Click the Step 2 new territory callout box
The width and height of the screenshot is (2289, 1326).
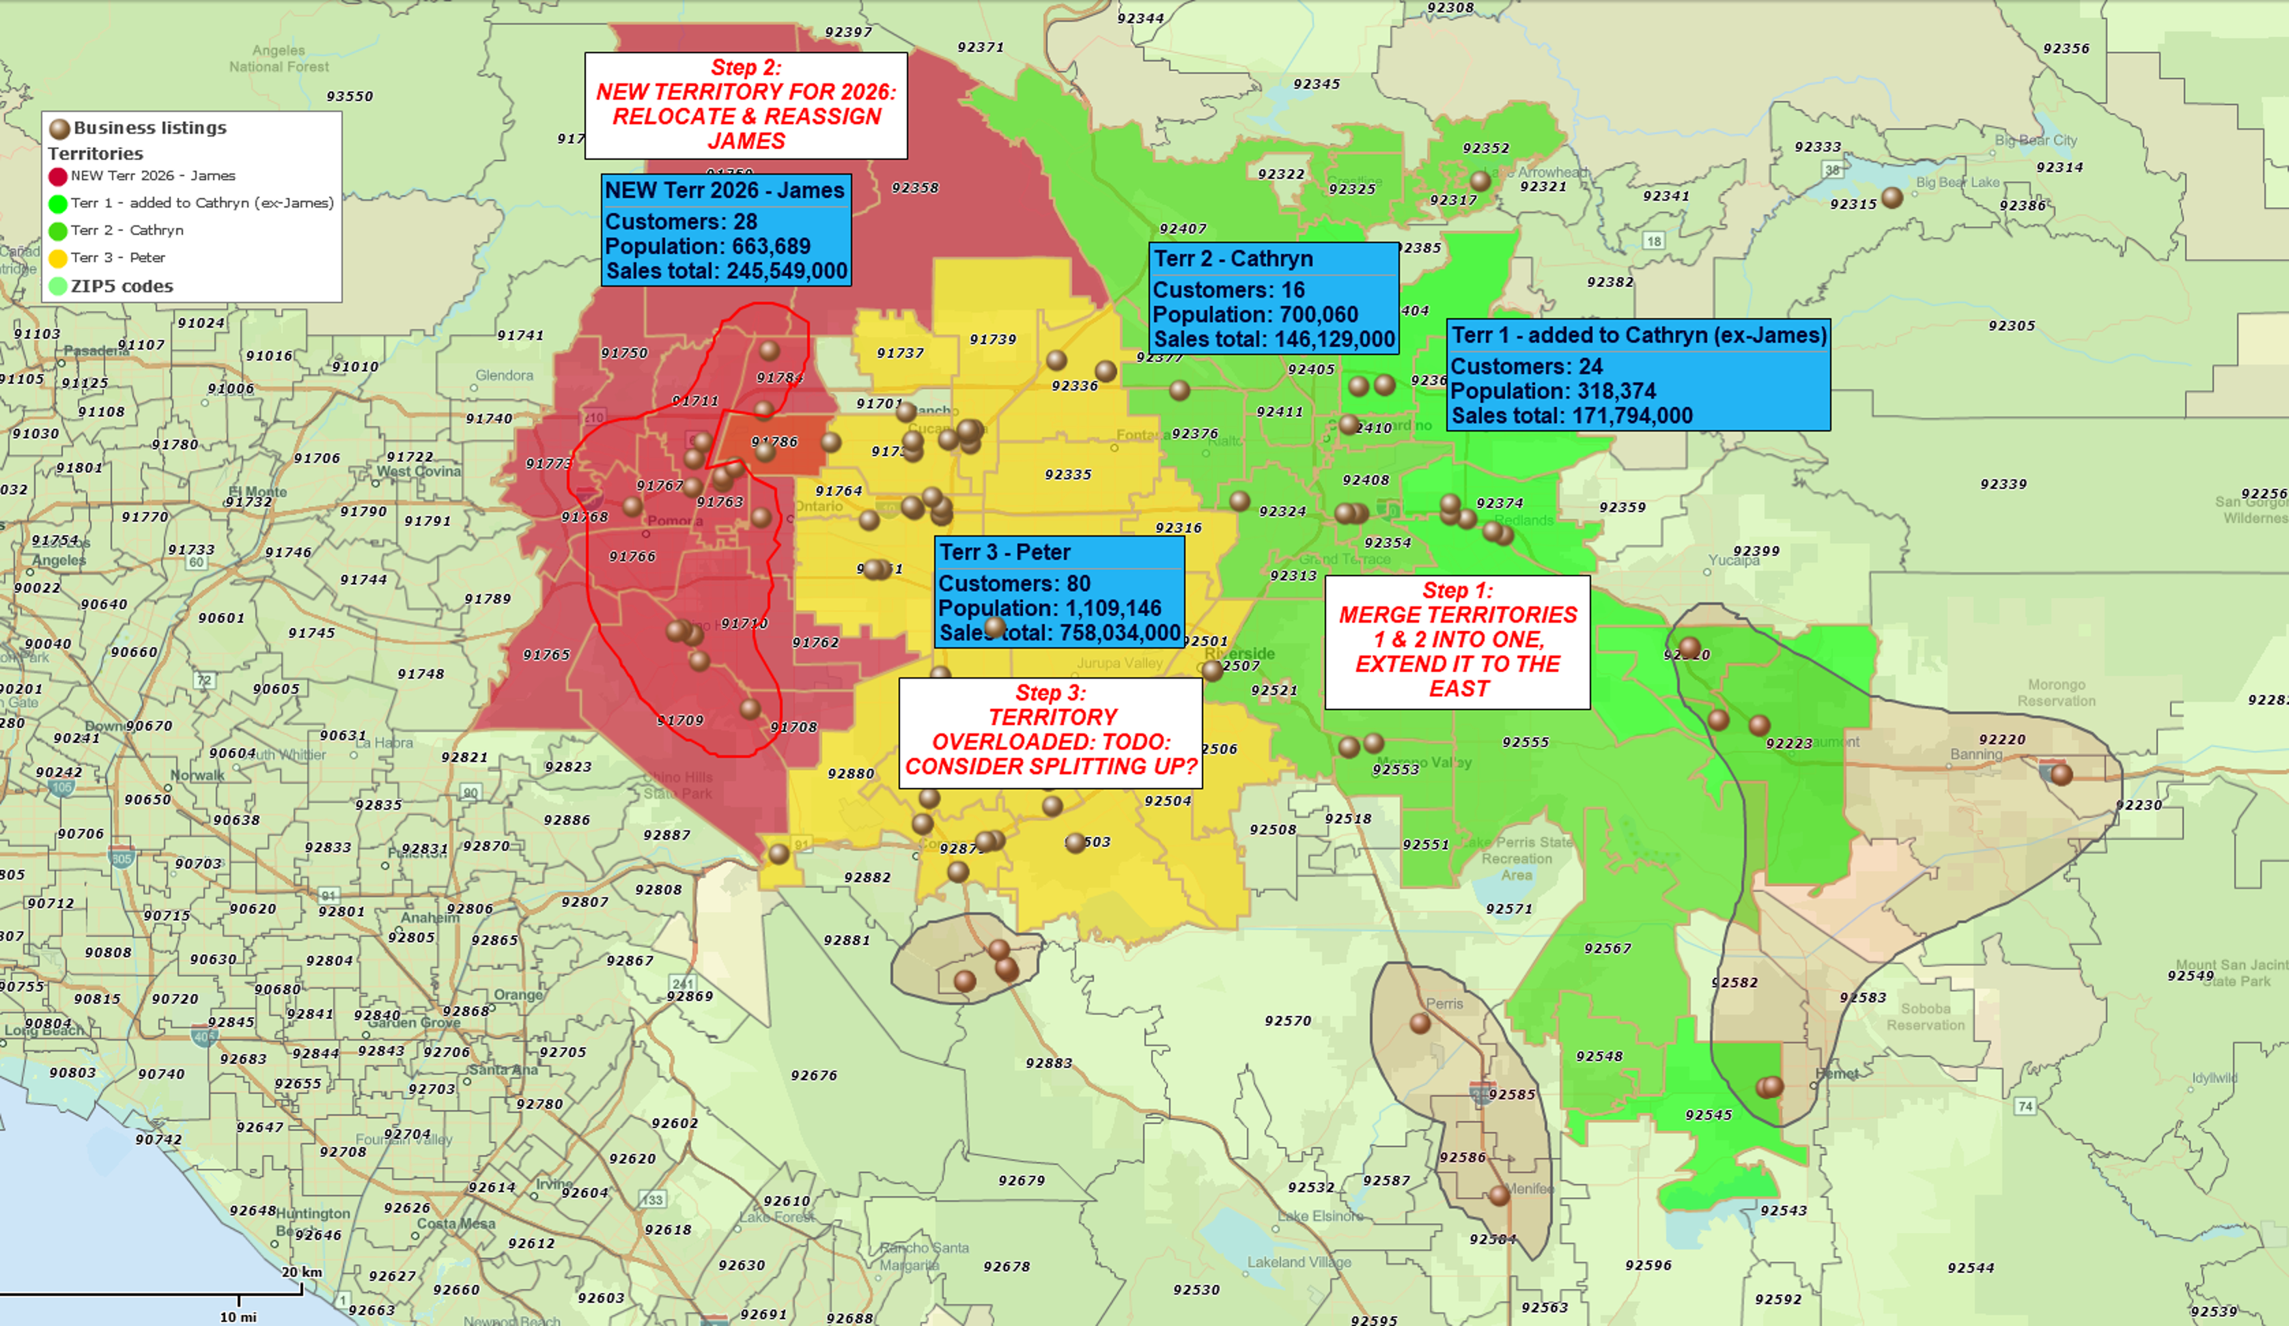(x=746, y=104)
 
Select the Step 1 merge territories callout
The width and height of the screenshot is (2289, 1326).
(x=1457, y=641)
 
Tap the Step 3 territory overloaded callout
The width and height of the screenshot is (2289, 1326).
(x=1050, y=732)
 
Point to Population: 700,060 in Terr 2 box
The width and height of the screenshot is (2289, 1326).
(x=1254, y=314)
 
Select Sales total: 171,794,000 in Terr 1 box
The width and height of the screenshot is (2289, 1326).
(x=1571, y=416)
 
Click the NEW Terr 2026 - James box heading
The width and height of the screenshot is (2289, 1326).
(x=725, y=191)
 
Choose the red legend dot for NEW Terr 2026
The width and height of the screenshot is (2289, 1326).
(x=58, y=176)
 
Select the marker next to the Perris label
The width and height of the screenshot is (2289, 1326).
(x=1420, y=1024)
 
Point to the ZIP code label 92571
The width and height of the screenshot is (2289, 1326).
(x=1508, y=908)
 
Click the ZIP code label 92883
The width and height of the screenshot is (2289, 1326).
(x=1048, y=1062)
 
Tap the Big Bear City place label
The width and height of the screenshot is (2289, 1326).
(x=2036, y=141)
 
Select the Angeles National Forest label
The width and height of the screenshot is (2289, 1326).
(x=279, y=58)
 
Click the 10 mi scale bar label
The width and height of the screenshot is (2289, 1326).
(x=238, y=1316)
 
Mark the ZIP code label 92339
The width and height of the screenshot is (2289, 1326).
(x=2003, y=484)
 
